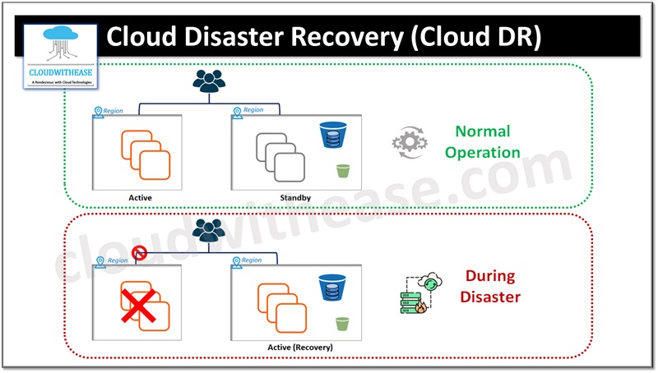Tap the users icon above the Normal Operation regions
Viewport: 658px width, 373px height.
pos(209,81)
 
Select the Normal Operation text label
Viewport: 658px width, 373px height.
pos(489,141)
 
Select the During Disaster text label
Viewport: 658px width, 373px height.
pos(489,287)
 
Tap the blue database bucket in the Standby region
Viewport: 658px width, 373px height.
pos(331,135)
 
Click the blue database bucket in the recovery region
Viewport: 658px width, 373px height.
pos(331,287)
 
